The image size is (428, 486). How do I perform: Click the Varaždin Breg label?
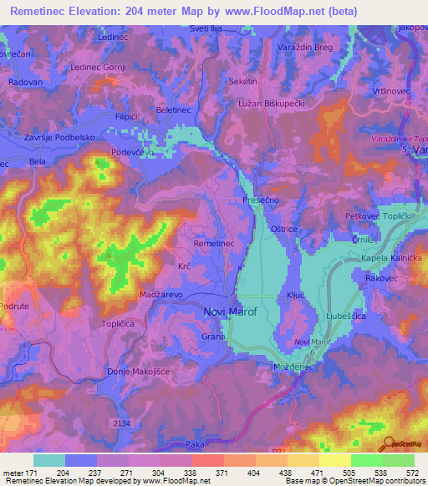click(304, 48)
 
